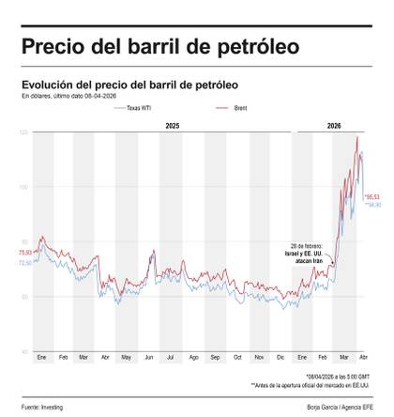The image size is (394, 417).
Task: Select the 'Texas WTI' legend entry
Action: pos(139,109)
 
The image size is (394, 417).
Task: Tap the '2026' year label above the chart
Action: pos(334,126)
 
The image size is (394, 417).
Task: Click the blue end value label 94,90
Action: pos(372,204)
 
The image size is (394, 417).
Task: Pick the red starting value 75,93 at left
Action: pos(24,253)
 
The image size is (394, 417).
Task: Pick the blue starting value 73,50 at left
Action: pos(24,263)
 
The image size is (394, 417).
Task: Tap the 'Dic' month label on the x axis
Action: pos(280,359)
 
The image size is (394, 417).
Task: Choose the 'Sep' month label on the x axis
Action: pos(215,359)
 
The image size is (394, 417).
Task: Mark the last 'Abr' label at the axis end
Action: pos(364,359)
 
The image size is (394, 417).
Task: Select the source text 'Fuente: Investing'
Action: pos(38,407)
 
